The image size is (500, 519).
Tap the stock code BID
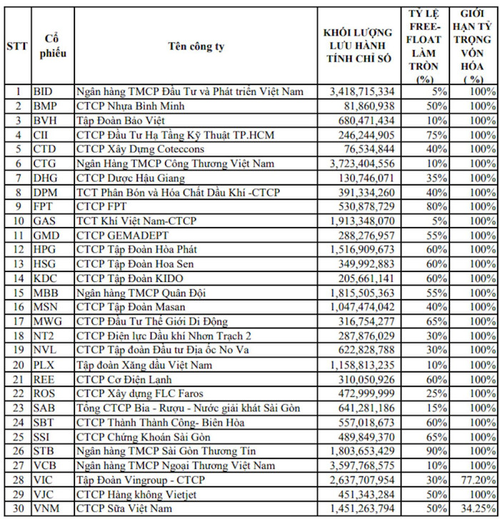pos(43,91)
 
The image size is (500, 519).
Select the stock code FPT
pos(43,206)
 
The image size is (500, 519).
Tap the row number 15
pos(16,293)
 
